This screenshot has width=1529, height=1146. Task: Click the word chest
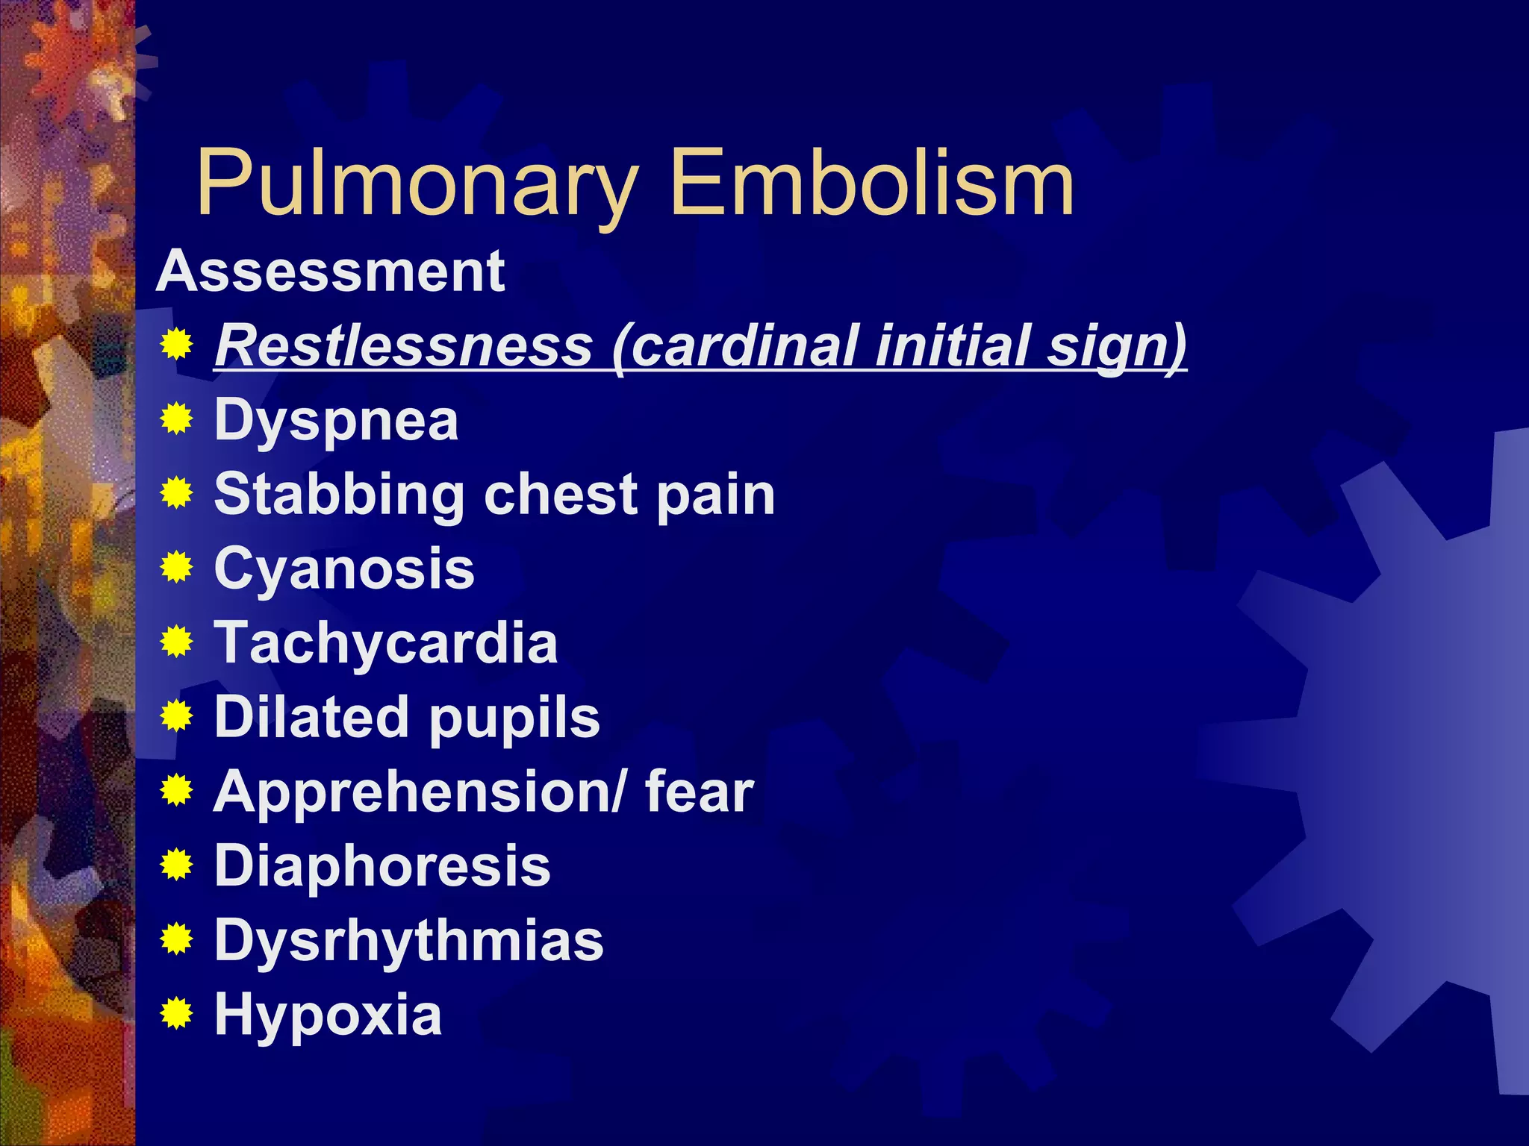tap(561, 494)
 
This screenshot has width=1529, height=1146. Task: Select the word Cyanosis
tap(344, 569)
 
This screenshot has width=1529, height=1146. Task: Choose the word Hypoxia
tap(328, 1015)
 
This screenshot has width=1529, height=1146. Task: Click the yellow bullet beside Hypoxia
tap(177, 1013)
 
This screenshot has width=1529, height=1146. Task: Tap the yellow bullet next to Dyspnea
tap(177, 418)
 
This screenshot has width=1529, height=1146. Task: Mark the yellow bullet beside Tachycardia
tap(177, 641)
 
